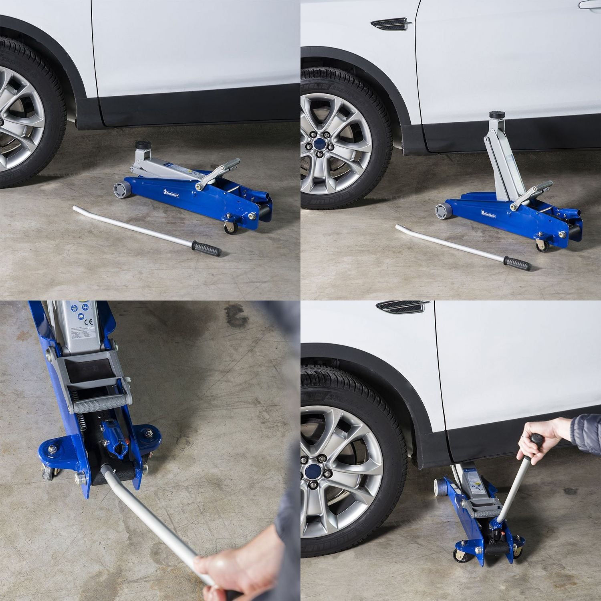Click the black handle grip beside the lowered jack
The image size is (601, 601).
(206, 248)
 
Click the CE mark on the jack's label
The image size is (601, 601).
(91, 321)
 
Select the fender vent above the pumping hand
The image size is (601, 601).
(403, 307)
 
